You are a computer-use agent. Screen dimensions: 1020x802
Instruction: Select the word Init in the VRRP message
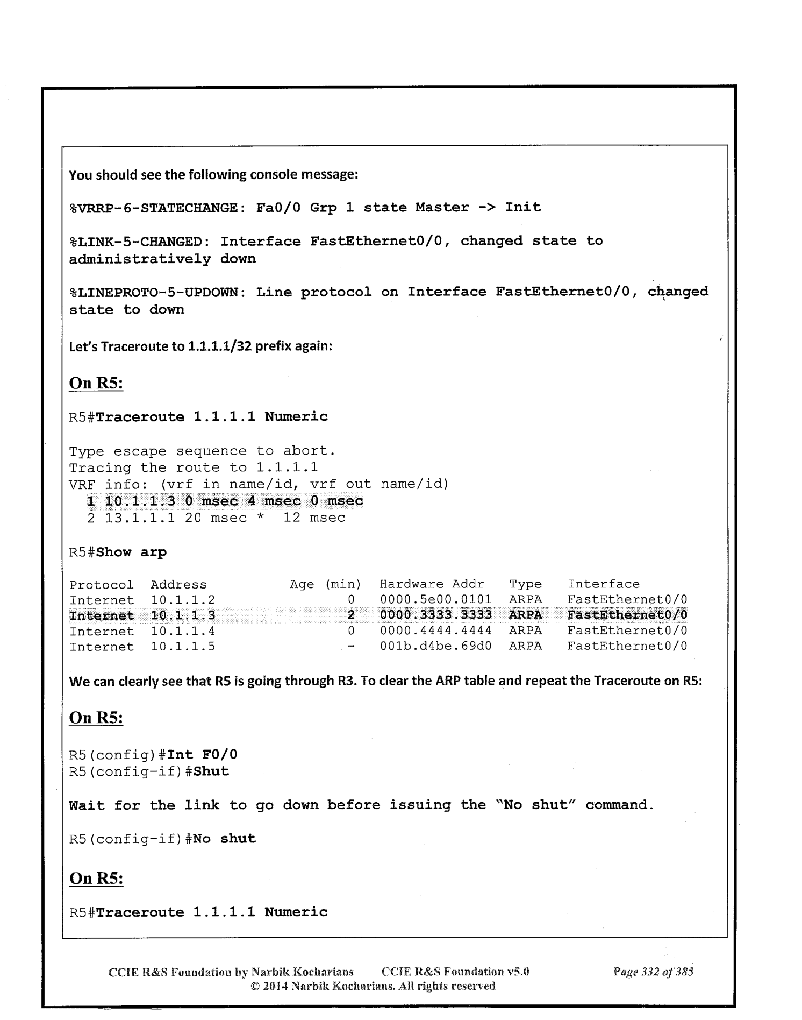coord(522,208)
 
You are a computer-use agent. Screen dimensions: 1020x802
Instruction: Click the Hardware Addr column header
coord(432,584)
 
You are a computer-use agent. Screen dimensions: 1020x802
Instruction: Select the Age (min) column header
coord(325,584)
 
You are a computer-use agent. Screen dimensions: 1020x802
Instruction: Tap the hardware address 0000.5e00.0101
coord(435,600)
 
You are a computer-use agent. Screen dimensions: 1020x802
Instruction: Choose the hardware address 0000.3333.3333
coord(435,615)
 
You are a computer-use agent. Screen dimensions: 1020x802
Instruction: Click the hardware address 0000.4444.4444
coord(435,631)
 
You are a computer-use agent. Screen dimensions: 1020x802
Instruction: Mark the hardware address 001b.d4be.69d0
coord(435,646)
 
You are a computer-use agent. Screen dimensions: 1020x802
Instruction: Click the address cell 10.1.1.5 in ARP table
coord(183,646)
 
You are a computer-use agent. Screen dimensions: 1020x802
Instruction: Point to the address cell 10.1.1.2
coord(183,600)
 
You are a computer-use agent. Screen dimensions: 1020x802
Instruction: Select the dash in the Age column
coord(351,646)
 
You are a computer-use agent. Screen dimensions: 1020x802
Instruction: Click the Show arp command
coord(131,552)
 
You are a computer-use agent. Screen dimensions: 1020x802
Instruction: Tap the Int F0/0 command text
coord(203,755)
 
